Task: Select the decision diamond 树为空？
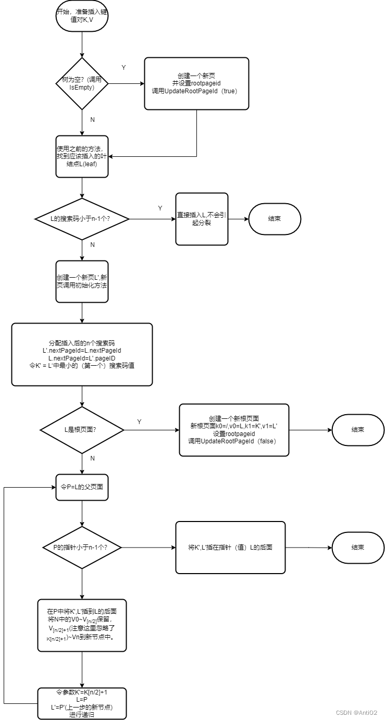coord(82,83)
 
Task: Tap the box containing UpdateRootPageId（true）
coord(196,83)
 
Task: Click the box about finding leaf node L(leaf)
coord(82,156)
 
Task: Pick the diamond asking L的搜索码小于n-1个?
coord(82,219)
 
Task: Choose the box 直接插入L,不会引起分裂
coord(202,219)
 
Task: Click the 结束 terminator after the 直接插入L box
coord(275,219)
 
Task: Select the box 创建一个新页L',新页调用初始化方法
coord(82,281)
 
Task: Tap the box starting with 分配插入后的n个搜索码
coord(82,354)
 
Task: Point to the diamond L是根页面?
coord(82,430)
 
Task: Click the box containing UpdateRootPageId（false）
coord(234,430)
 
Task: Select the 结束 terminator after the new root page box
coord(358,430)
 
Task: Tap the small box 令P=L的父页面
coord(82,487)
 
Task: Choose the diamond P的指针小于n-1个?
coord(82,548)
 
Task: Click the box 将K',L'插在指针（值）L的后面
coord(230,548)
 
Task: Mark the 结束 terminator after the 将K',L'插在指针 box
coord(358,548)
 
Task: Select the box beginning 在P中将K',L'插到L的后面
coord(82,625)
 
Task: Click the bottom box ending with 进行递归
coord(82,703)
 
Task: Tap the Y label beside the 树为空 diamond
coord(123,68)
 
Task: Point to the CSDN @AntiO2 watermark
coord(356,713)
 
